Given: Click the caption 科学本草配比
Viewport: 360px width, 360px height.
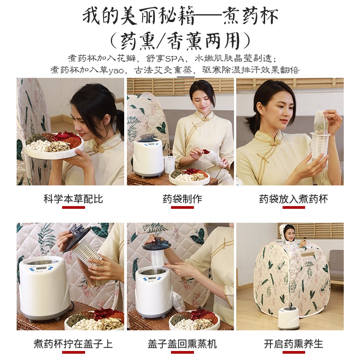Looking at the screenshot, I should click(x=73, y=198).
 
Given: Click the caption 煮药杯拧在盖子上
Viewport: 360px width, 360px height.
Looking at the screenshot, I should click(x=73, y=344).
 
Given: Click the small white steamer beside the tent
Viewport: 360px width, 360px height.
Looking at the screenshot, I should click(x=288, y=318).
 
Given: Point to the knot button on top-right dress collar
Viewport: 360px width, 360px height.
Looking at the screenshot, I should click(x=272, y=142).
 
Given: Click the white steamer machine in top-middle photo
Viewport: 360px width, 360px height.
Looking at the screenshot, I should click(x=147, y=156).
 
